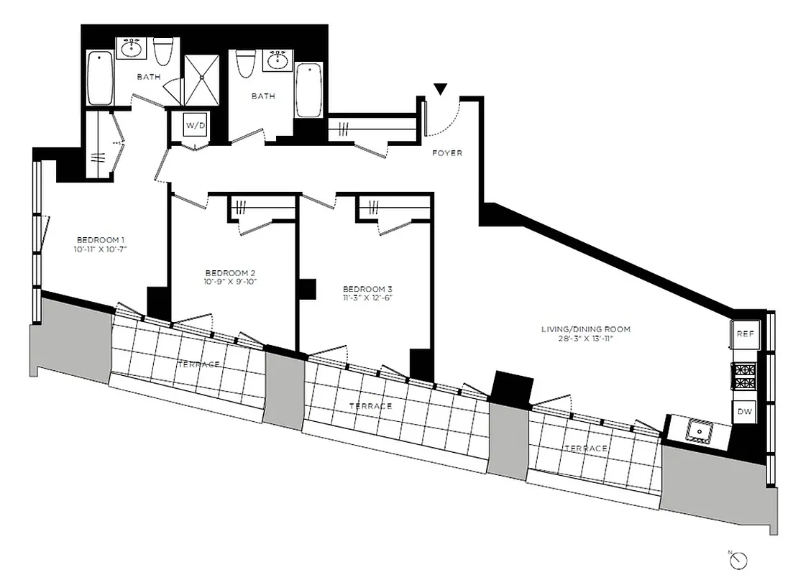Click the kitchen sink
pyautogui.click(x=697, y=430)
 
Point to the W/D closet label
pyautogui.click(x=196, y=125)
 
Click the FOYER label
pyautogui.click(x=446, y=153)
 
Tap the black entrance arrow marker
pyautogui.click(x=440, y=89)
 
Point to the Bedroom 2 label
pyautogui.click(x=231, y=272)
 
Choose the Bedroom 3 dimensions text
pyautogui.click(x=367, y=297)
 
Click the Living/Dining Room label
pyautogui.click(x=586, y=329)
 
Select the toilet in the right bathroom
pyautogui.click(x=244, y=63)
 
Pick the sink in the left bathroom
pyautogui.click(x=131, y=49)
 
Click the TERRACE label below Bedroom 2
pyautogui.click(x=198, y=364)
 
